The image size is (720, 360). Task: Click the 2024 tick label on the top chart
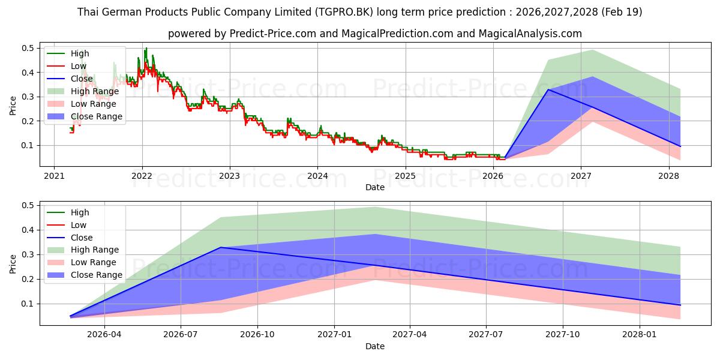(x=317, y=176)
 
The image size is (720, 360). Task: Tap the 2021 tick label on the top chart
(x=54, y=176)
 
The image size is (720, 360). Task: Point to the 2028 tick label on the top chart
(x=668, y=176)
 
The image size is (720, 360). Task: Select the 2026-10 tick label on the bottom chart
(x=257, y=335)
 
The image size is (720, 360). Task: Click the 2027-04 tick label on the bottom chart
(x=409, y=335)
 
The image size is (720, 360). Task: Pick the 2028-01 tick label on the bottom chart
(x=640, y=335)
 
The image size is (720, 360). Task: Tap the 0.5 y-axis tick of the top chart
(x=28, y=48)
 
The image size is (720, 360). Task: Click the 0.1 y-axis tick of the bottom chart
(x=28, y=304)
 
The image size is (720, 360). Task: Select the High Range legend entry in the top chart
(x=83, y=91)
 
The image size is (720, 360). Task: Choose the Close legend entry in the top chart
(x=70, y=79)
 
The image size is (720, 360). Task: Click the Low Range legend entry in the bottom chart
(x=82, y=262)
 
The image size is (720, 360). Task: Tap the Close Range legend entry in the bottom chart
(x=85, y=275)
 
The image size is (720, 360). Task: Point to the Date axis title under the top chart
(x=375, y=187)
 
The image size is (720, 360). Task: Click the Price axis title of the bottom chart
(x=13, y=264)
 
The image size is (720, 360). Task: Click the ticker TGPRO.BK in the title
(x=344, y=12)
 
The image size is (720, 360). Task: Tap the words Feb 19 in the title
(x=622, y=12)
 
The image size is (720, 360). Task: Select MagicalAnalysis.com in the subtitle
(x=530, y=34)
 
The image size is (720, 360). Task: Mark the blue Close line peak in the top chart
(x=548, y=89)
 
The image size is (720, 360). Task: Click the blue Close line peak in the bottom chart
(x=221, y=247)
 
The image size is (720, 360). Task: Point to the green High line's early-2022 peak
(x=146, y=48)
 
